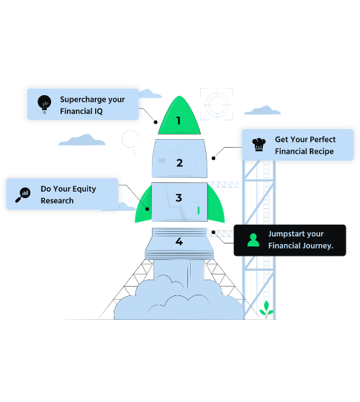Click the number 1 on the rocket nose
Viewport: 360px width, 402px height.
pyautogui.click(x=179, y=120)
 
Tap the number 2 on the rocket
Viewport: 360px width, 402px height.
pyautogui.click(x=179, y=163)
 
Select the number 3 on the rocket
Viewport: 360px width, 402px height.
pyautogui.click(x=179, y=197)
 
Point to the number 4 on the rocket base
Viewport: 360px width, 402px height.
pyautogui.click(x=179, y=241)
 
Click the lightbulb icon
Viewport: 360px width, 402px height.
pyautogui.click(x=45, y=104)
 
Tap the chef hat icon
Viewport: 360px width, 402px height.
pyautogui.click(x=258, y=144)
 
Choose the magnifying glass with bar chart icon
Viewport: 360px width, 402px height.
pyautogui.click(x=23, y=195)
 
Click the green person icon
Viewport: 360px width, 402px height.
pyautogui.click(x=253, y=240)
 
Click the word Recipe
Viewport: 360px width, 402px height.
pyautogui.click(x=321, y=151)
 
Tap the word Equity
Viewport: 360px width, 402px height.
pyautogui.click(x=84, y=189)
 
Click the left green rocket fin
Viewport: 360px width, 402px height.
pyautogui.click(x=144, y=206)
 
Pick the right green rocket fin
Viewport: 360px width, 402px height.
pyautogui.click(x=216, y=205)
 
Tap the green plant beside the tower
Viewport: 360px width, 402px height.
pyautogui.click(x=266, y=309)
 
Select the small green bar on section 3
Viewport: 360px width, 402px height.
pyautogui.click(x=199, y=210)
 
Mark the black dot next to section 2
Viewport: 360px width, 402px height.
pyautogui.click(x=213, y=158)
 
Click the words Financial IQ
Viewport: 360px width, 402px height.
pyautogui.click(x=81, y=112)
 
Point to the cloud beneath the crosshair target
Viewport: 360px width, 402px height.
pyautogui.click(x=262, y=110)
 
